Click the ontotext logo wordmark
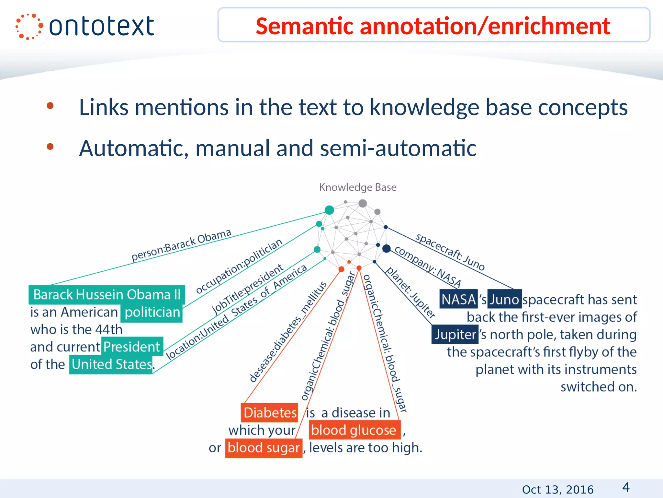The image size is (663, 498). tap(101, 27)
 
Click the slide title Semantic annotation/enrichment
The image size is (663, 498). tap(433, 26)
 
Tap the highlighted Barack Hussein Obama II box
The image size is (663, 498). tap(107, 295)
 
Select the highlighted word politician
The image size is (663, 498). tap(152, 313)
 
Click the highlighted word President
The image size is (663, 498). tap(132, 347)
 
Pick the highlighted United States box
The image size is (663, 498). tap(111, 364)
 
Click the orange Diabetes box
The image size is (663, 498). tap(270, 413)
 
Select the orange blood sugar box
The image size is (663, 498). tap(264, 448)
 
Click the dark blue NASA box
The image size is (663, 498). tap(458, 299)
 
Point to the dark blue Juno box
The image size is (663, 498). tap(504, 299)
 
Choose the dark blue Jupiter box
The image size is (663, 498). tap(455, 334)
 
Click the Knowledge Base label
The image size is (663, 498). tap(358, 187)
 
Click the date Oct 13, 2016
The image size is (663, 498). tap(557, 489)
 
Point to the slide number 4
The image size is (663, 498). tap(626, 487)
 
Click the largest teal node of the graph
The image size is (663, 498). tap(329, 210)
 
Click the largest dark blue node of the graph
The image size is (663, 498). tap(386, 249)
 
